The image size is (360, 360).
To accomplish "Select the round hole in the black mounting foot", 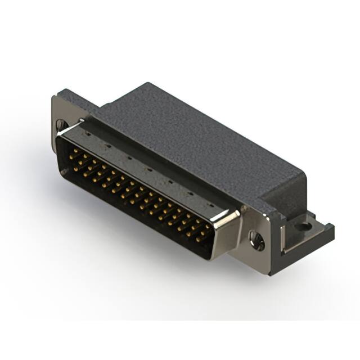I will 304,227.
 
